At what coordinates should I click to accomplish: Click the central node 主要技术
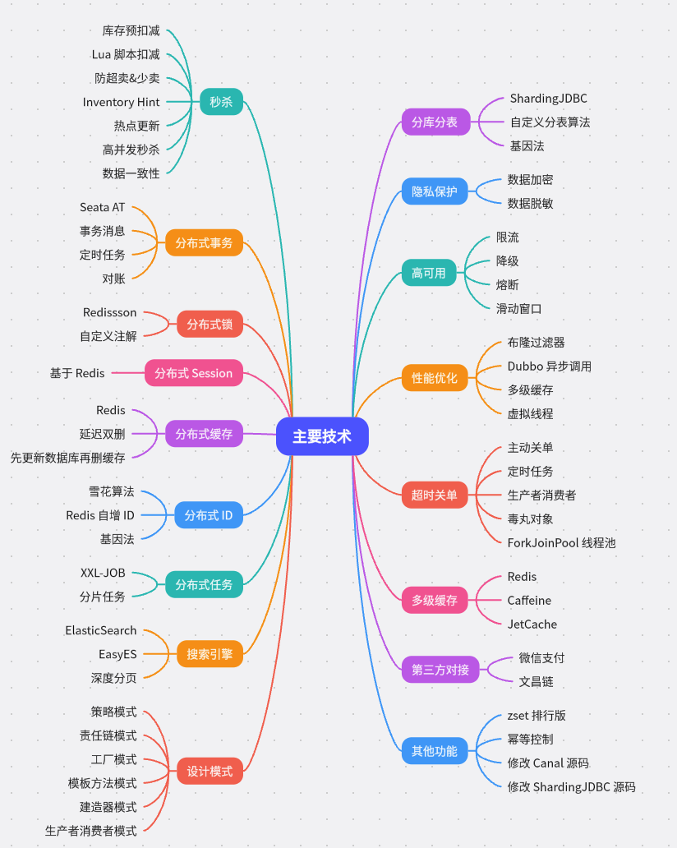point(322,436)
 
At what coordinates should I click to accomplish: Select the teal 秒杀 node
point(221,102)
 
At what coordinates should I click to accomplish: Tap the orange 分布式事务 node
point(204,242)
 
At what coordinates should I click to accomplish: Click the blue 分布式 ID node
point(209,515)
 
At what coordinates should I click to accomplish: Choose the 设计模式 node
point(210,772)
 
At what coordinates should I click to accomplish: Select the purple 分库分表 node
point(435,122)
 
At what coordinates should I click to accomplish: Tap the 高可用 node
point(428,272)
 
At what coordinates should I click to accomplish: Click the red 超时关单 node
point(435,495)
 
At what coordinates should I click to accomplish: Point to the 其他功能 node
point(435,750)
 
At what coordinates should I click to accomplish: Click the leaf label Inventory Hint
point(122,102)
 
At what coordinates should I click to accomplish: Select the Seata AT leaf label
point(103,207)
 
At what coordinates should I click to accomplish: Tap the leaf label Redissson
point(110,312)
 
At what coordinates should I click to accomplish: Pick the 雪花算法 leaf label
point(112,491)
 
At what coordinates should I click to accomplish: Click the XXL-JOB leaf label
point(103,572)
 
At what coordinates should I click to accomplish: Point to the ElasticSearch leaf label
point(101,630)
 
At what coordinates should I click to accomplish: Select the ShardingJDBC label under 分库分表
point(548,99)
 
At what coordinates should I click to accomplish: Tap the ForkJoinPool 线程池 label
point(561,542)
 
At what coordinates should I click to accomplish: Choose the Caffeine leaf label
point(529,601)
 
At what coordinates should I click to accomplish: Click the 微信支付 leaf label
point(541,658)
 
